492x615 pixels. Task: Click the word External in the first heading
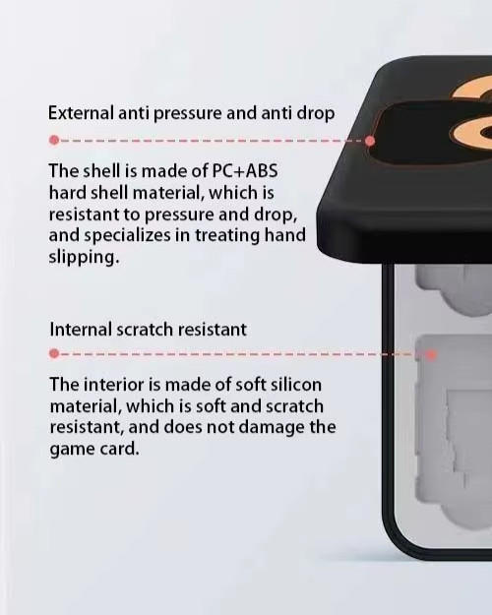[81, 113]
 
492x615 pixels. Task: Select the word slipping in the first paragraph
[84, 257]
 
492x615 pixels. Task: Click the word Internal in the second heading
[81, 329]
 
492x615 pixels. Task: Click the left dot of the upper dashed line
[54, 140]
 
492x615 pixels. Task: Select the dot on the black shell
[370, 141]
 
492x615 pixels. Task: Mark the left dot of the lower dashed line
[54, 354]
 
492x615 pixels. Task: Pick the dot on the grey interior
[431, 355]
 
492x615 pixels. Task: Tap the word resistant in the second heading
[213, 330]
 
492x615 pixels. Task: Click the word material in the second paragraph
[86, 406]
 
